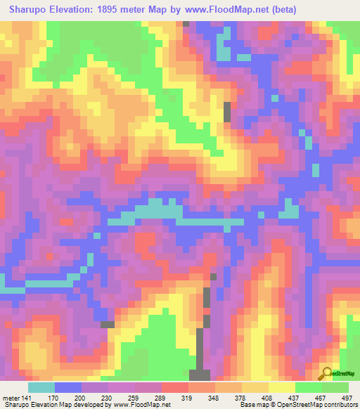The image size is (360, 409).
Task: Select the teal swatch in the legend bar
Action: tap(41, 387)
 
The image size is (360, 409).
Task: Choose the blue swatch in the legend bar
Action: tap(68, 387)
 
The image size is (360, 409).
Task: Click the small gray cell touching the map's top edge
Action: tap(186, 24)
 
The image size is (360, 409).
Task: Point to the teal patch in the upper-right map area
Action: tap(223, 53)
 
